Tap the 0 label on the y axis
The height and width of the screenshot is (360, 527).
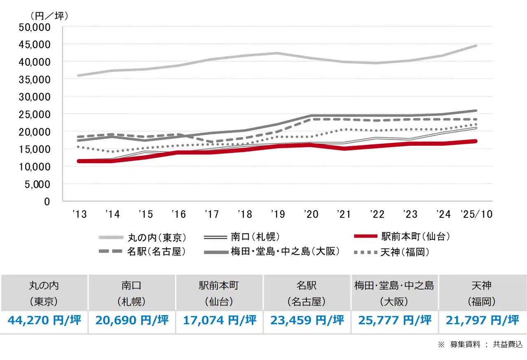(x=47, y=201)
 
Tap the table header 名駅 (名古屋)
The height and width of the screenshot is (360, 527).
(x=307, y=293)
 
